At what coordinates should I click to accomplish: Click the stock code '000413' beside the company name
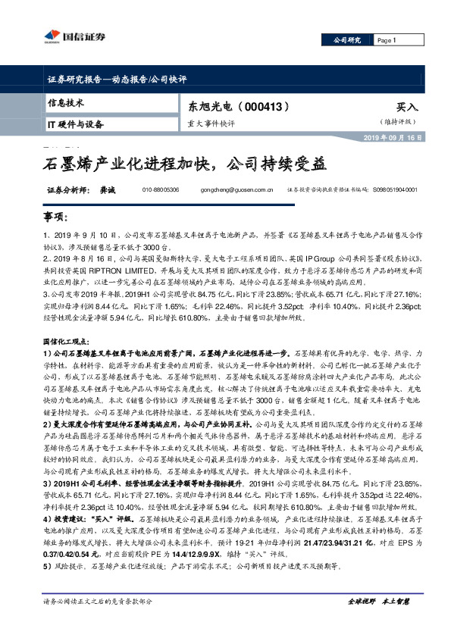click(268, 107)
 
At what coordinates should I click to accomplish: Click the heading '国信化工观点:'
click(68, 321)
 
